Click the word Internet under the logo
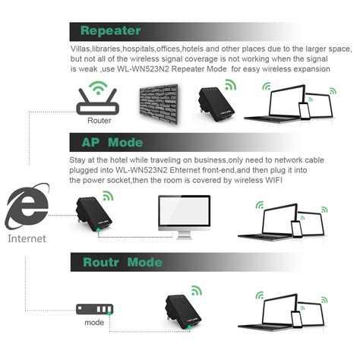pyautogui.click(x=27, y=238)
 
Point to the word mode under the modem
pyautogui.click(x=94, y=323)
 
